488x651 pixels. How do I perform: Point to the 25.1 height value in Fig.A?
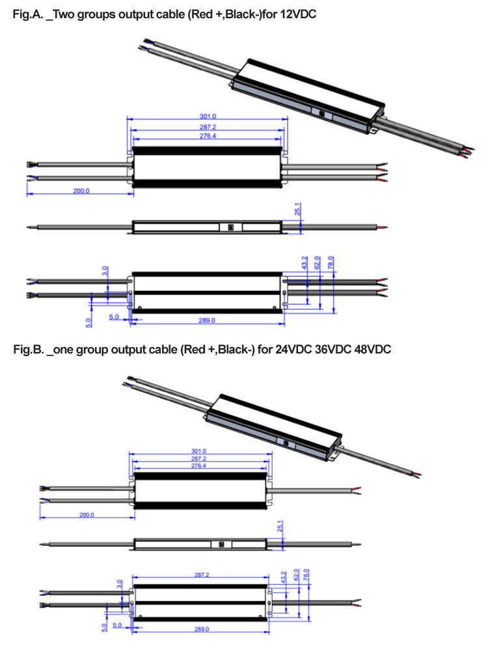[x=297, y=210]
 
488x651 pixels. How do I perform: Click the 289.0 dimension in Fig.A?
[x=206, y=320]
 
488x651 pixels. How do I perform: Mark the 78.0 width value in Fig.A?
[x=330, y=262]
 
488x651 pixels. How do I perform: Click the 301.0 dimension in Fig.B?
[x=199, y=450]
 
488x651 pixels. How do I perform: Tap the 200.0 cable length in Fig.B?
[x=86, y=514]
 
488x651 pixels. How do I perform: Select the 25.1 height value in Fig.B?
[x=280, y=525]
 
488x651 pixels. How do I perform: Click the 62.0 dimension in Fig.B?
[x=296, y=575]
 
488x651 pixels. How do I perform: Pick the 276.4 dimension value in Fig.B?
[x=199, y=466]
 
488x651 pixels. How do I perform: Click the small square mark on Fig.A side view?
[x=230, y=227]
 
